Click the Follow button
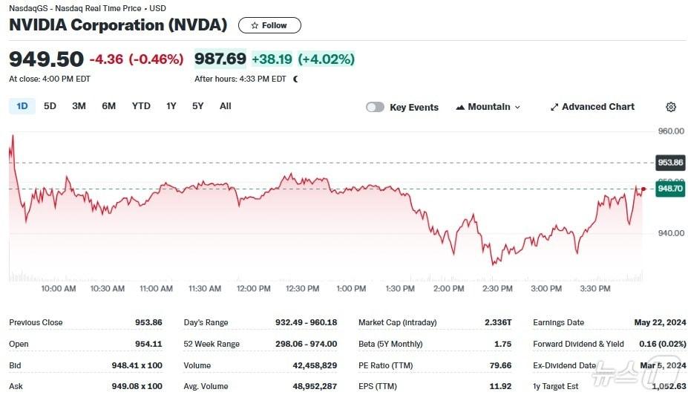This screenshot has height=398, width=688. click(x=269, y=25)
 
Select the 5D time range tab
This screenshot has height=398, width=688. click(x=50, y=106)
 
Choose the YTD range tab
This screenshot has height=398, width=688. click(x=141, y=106)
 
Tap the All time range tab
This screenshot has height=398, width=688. click(x=226, y=106)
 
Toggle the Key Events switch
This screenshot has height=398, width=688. click(x=376, y=107)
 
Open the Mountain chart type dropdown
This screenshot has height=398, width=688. click(x=488, y=107)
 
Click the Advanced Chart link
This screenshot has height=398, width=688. click(x=592, y=107)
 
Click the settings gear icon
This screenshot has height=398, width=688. click(x=671, y=107)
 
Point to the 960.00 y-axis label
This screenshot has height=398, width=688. click(x=671, y=131)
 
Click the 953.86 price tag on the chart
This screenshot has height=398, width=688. click(x=670, y=163)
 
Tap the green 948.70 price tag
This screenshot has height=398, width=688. click(x=670, y=189)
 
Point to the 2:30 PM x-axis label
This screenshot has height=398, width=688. click(x=497, y=289)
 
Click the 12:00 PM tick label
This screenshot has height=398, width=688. click(x=253, y=289)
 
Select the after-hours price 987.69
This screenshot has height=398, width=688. click(x=220, y=59)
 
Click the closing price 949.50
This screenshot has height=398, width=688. click(x=46, y=59)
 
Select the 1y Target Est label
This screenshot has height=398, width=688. click(x=556, y=386)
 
